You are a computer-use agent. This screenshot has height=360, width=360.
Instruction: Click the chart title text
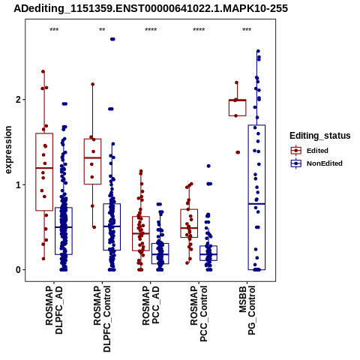[x=151, y=8]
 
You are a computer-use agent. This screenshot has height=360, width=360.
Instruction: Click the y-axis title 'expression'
[x=8, y=150]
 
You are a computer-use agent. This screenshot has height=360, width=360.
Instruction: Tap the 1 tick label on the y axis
[x=18, y=184]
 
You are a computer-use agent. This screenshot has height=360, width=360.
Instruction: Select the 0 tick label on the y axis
[x=18, y=270]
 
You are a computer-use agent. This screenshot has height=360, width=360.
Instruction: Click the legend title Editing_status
[x=320, y=136]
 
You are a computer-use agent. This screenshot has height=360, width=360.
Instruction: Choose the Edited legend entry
[x=310, y=151]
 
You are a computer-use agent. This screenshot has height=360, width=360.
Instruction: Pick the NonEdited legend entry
[x=316, y=163]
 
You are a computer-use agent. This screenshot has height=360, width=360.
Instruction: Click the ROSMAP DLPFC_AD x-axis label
[x=54, y=310]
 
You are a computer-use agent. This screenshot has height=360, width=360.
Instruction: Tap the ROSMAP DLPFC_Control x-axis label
[x=102, y=319]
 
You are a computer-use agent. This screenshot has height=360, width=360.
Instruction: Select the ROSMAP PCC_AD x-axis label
[x=151, y=305]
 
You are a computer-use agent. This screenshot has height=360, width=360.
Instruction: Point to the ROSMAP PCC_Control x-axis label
[x=199, y=313]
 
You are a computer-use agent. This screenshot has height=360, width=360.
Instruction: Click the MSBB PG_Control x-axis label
[x=247, y=310]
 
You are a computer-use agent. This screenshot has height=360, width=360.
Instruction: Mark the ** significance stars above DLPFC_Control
[x=102, y=30]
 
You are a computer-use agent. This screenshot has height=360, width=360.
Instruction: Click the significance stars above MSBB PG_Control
[x=247, y=30]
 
